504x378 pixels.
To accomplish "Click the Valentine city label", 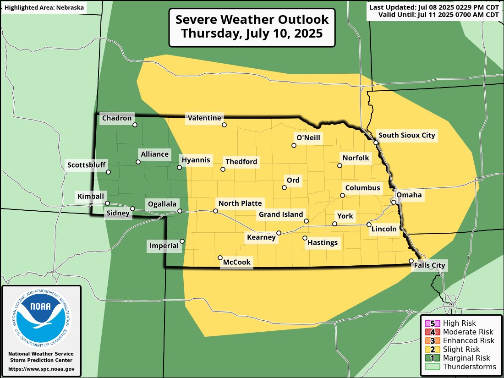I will pyautogui.click(x=204, y=118).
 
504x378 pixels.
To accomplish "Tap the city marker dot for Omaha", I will pyautogui.click(x=394, y=202).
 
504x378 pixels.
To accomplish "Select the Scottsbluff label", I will pyautogui.click(x=87, y=165).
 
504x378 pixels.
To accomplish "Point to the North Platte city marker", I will pyautogui.click(x=215, y=211).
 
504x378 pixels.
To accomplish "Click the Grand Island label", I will pyautogui.click(x=281, y=214).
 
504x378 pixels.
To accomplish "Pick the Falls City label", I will pyautogui.click(x=429, y=265).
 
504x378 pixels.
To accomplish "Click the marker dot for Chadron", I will pyautogui.click(x=135, y=125).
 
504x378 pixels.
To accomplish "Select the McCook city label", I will pyautogui.click(x=237, y=263).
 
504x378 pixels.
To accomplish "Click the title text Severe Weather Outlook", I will pyautogui.click(x=252, y=20).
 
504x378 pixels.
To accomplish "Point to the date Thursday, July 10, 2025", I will pyautogui.click(x=252, y=34).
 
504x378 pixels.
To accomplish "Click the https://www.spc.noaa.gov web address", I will pyautogui.click(x=41, y=369).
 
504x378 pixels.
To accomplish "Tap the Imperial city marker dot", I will pyautogui.click(x=182, y=241).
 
